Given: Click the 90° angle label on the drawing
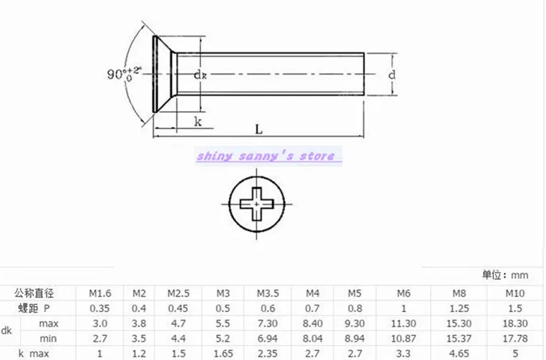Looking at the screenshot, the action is (x=124, y=74).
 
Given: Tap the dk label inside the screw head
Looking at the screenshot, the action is (x=200, y=74).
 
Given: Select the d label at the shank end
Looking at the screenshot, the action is (x=391, y=74).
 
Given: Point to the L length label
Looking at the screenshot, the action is (x=258, y=130).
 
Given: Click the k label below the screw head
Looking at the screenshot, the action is (x=198, y=122).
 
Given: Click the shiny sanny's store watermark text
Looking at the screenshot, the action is (x=265, y=156).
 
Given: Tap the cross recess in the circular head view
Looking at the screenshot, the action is (x=257, y=204).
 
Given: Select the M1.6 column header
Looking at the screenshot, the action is (x=100, y=293).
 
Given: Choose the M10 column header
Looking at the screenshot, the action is (x=515, y=293).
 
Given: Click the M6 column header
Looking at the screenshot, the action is (x=404, y=293).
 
